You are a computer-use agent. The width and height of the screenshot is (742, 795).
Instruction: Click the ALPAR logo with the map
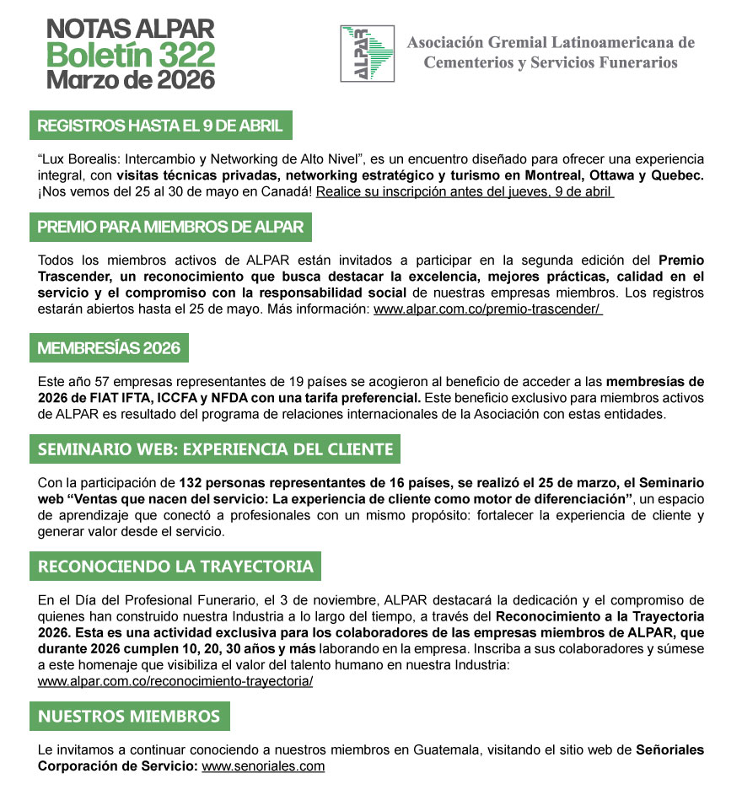tap(367, 53)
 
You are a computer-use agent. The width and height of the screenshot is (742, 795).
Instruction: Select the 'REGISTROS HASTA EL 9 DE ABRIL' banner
tap(161, 126)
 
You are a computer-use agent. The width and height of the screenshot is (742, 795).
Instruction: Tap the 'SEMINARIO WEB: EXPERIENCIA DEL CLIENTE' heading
tap(215, 449)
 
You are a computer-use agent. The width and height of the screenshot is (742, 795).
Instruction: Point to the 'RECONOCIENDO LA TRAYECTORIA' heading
tap(175, 566)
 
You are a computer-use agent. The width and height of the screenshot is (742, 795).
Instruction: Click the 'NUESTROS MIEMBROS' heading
tap(129, 717)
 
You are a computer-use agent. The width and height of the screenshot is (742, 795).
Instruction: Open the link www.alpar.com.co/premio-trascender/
tap(488, 309)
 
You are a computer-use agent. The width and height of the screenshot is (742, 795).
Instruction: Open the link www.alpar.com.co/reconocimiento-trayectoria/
tap(175, 680)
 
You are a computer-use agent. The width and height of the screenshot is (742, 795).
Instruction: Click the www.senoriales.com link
tap(263, 766)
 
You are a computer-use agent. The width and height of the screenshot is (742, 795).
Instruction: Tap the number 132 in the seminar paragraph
tap(191, 483)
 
